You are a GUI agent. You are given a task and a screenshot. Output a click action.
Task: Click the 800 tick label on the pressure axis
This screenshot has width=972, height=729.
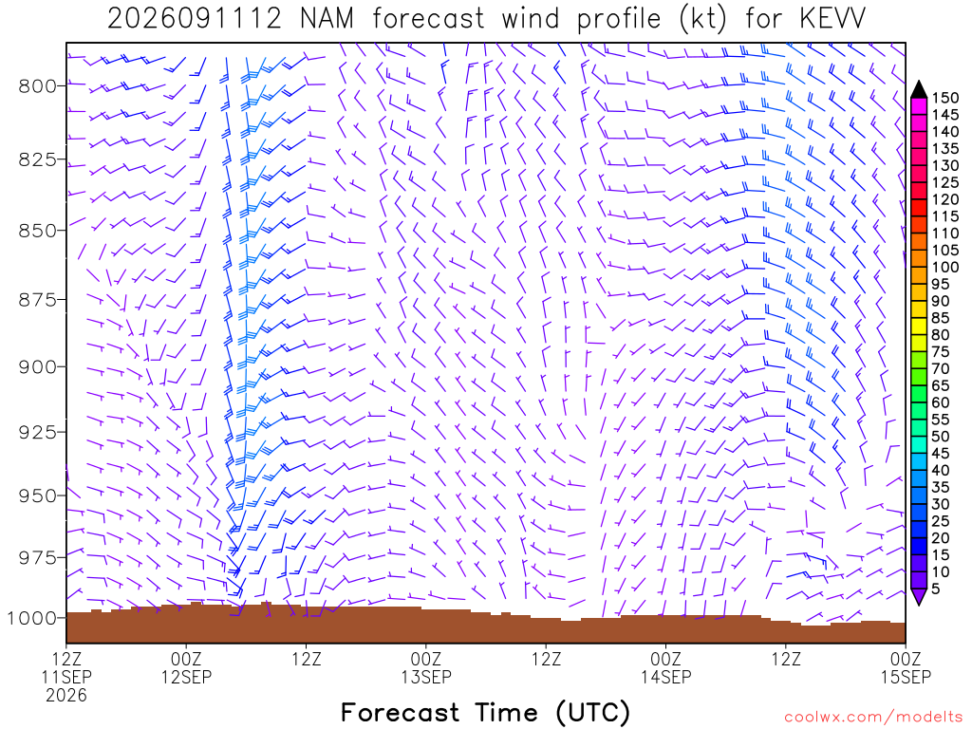(x=37, y=85)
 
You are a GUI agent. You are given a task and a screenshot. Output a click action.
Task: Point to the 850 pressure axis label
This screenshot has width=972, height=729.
(x=37, y=230)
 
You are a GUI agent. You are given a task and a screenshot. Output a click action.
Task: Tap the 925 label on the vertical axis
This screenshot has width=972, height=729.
(x=37, y=432)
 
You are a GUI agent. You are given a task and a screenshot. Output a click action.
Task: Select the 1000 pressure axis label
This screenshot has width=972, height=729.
(x=32, y=617)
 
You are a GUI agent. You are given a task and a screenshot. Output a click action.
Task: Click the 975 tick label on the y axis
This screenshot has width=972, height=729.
(x=37, y=557)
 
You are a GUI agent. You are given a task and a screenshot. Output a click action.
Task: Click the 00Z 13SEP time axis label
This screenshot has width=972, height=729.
(x=426, y=667)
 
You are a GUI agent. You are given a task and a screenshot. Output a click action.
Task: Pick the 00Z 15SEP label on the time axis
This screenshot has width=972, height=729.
(x=906, y=667)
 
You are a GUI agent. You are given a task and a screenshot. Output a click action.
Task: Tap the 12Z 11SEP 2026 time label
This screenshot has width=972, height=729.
(x=66, y=676)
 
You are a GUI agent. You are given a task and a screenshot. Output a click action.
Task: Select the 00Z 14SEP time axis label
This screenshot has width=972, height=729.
(x=665, y=667)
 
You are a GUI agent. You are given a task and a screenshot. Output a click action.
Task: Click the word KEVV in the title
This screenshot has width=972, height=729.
(x=832, y=19)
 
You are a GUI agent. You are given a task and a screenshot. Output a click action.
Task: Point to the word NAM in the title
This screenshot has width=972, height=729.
(x=327, y=19)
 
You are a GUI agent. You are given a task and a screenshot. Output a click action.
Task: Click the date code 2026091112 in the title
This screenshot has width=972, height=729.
(x=195, y=19)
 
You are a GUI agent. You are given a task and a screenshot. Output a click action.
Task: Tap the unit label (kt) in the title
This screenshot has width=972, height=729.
(x=702, y=19)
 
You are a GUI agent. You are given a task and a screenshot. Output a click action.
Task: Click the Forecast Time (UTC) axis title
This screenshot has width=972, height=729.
(x=485, y=712)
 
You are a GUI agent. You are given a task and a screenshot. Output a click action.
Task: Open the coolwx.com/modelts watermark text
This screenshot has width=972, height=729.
(x=873, y=718)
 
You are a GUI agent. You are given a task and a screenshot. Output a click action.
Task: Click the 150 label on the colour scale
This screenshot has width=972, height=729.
(x=945, y=98)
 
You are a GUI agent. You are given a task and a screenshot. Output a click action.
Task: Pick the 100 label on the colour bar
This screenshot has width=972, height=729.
(x=945, y=267)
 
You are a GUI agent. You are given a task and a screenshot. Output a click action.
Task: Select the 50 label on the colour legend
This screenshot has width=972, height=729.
(x=941, y=437)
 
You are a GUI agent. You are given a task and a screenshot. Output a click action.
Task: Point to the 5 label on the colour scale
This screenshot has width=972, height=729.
(x=936, y=589)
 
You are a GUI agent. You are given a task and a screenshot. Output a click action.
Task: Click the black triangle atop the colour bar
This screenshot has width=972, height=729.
(x=919, y=90)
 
